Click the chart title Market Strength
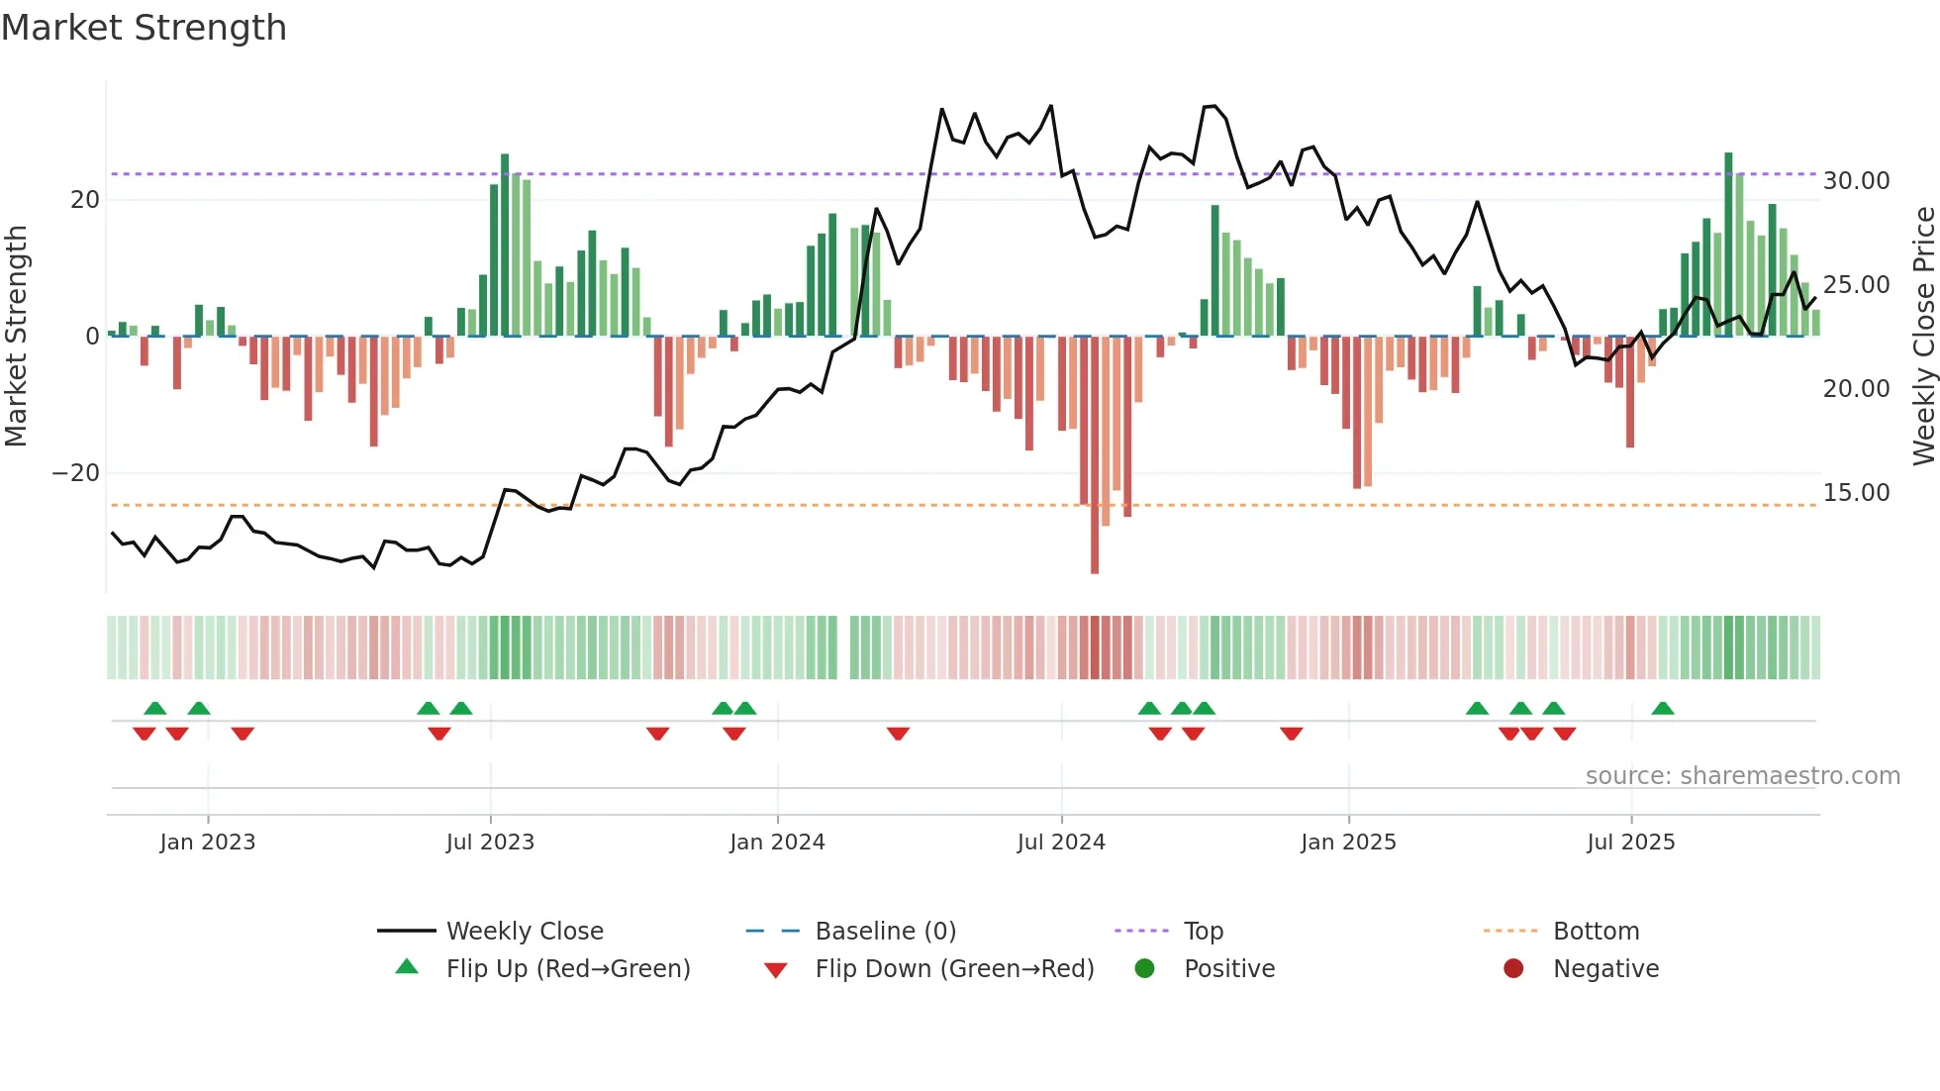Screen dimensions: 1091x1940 144,28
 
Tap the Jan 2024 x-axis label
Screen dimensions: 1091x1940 777,843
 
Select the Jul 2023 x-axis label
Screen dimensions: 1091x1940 490,843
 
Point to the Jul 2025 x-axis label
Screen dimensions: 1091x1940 1630,843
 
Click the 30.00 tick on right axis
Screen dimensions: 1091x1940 1856,181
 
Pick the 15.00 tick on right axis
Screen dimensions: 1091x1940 1856,493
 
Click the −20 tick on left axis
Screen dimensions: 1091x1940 76,473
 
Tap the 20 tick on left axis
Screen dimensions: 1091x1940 85,200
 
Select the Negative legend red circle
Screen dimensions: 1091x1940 1513,969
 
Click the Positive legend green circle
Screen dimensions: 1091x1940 1144,969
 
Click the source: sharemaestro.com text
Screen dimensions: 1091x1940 1742,776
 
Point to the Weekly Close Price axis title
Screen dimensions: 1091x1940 1923,337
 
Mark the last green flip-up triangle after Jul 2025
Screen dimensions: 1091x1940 1663,709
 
